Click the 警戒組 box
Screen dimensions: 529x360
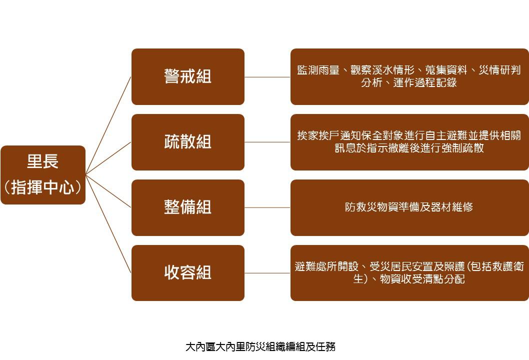click(188, 76)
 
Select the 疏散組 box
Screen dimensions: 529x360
click(188, 142)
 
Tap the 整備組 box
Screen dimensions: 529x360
click(188, 207)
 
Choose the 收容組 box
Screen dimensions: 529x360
click(188, 273)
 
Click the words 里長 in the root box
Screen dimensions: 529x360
click(43, 161)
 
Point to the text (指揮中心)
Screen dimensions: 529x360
click(43, 187)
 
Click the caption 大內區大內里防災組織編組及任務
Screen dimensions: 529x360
click(260, 346)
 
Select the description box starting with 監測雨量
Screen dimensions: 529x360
click(409, 76)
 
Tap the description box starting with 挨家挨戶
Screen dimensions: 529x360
click(409, 142)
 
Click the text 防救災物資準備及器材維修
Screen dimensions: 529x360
click(409, 207)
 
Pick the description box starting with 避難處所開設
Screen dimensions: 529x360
click(409, 273)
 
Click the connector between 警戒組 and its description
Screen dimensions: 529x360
click(267, 77)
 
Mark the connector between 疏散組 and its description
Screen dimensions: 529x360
click(267, 142)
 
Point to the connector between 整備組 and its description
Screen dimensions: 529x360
click(267, 207)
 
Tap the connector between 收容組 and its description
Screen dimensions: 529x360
click(267, 273)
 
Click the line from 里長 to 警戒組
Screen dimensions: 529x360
click(108, 125)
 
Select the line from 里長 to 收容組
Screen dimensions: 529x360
click(108, 223)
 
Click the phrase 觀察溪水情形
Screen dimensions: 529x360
click(382, 70)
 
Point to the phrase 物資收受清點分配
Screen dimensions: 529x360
click(422, 279)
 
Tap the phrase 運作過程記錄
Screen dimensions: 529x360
click(425, 82)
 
